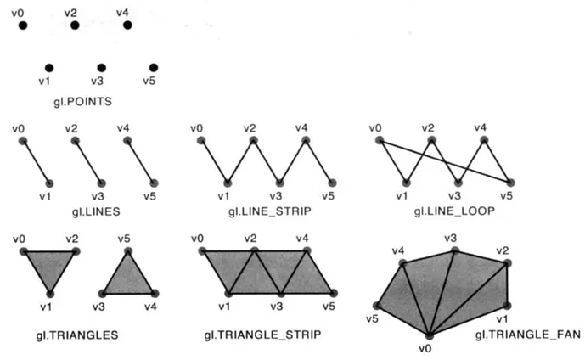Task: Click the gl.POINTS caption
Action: coord(82,101)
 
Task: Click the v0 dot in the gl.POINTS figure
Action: coord(23,25)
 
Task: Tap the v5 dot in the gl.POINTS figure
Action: coord(153,67)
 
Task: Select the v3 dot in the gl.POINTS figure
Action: coord(101,67)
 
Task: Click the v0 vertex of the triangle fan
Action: coord(430,335)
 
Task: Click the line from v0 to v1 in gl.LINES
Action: coord(36,161)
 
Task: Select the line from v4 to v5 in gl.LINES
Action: coord(140,161)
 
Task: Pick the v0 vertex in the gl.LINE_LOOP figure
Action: coord(379,140)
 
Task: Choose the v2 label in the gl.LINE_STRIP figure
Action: coord(250,128)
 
